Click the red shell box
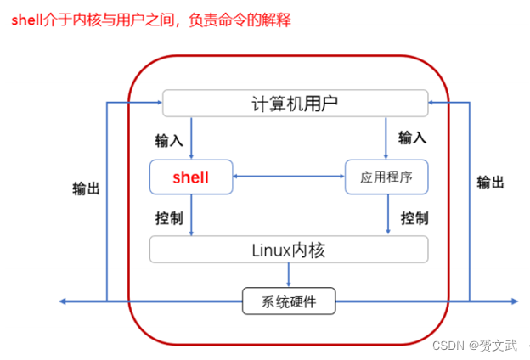click(190, 177)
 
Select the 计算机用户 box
click(295, 104)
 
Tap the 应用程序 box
click(386, 177)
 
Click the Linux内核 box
click(289, 250)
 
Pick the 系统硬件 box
click(289, 301)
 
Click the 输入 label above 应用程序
click(412, 137)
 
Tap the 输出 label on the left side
click(86, 188)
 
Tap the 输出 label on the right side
click(490, 183)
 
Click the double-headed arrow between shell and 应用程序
click(289, 177)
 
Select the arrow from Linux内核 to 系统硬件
click(289, 275)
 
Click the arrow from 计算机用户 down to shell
click(192, 138)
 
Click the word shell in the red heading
click(26, 20)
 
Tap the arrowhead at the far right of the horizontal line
click(514, 301)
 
